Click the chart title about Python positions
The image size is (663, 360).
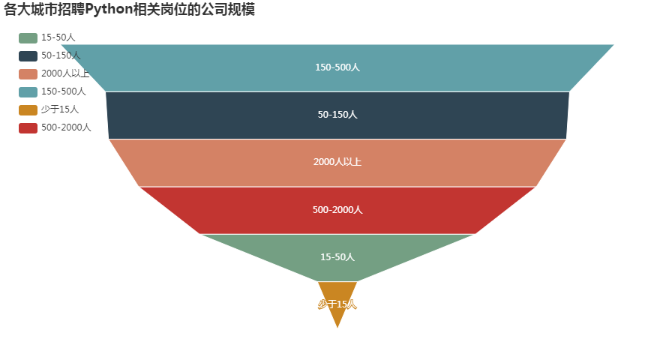point(129,10)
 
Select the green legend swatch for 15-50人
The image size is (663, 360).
point(28,37)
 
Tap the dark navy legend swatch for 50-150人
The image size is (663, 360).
point(28,55)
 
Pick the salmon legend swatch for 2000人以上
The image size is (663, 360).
point(28,73)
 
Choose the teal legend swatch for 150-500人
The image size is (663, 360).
point(28,91)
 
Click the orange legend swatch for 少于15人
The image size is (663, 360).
point(28,109)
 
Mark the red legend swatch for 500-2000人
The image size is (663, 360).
point(28,127)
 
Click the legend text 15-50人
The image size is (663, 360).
point(58,37)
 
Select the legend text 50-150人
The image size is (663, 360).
point(61,55)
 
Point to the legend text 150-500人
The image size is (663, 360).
point(64,91)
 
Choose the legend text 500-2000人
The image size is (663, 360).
point(66,127)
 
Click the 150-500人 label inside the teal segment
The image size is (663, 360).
point(337,67)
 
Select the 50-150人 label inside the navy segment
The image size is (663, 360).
point(337,115)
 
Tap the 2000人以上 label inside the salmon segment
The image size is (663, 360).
point(337,162)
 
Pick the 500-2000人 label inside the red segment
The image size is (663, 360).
point(337,210)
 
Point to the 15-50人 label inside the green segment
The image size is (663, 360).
point(337,257)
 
